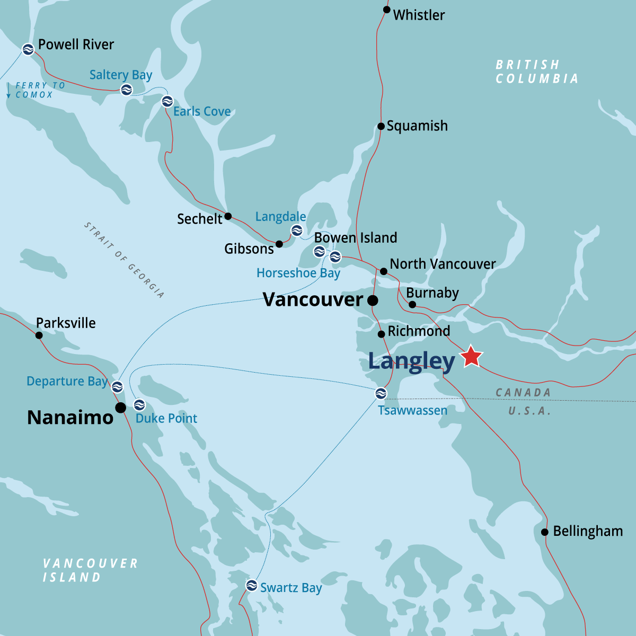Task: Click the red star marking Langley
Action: click(x=471, y=357)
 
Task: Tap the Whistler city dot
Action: click(x=387, y=10)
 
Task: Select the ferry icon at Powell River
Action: click(x=28, y=49)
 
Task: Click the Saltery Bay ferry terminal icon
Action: click(x=126, y=90)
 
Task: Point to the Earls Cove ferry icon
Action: click(x=167, y=101)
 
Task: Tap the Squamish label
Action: click(x=417, y=126)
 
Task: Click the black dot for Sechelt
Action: click(x=228, y=216)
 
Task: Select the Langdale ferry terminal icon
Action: click(x=297, y=230)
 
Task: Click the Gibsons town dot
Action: click(x=279, y=244)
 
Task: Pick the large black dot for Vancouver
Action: click(x=373, y=301)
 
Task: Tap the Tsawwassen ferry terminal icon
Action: click(x=381, y=393)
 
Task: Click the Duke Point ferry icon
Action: click(x=139, y=405)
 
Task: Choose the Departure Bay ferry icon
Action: click(x=117, y=386)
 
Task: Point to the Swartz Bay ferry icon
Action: click(x=252, y=586)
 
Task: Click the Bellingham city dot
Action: click(x=544, y=532)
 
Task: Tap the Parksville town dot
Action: click(x=39, y=335)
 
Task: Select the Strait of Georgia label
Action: click(x=124, y=260)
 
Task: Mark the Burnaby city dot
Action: click(x=412, y=304)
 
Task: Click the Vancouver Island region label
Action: click(x=90, y=570)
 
